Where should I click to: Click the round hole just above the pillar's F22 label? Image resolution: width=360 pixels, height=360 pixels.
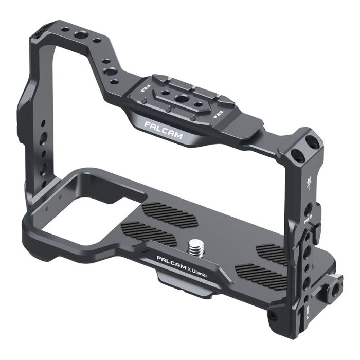point(309,206)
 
